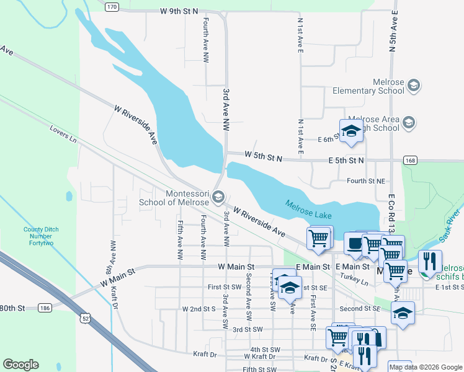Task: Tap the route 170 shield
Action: (111, 7)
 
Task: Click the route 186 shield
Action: (44, 308)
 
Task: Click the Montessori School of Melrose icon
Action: (218, 197)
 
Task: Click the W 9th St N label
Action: (179, 11)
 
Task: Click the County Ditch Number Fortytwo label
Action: (41, 237)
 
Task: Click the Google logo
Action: (20, 365)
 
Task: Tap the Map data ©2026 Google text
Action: (426, 367)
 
